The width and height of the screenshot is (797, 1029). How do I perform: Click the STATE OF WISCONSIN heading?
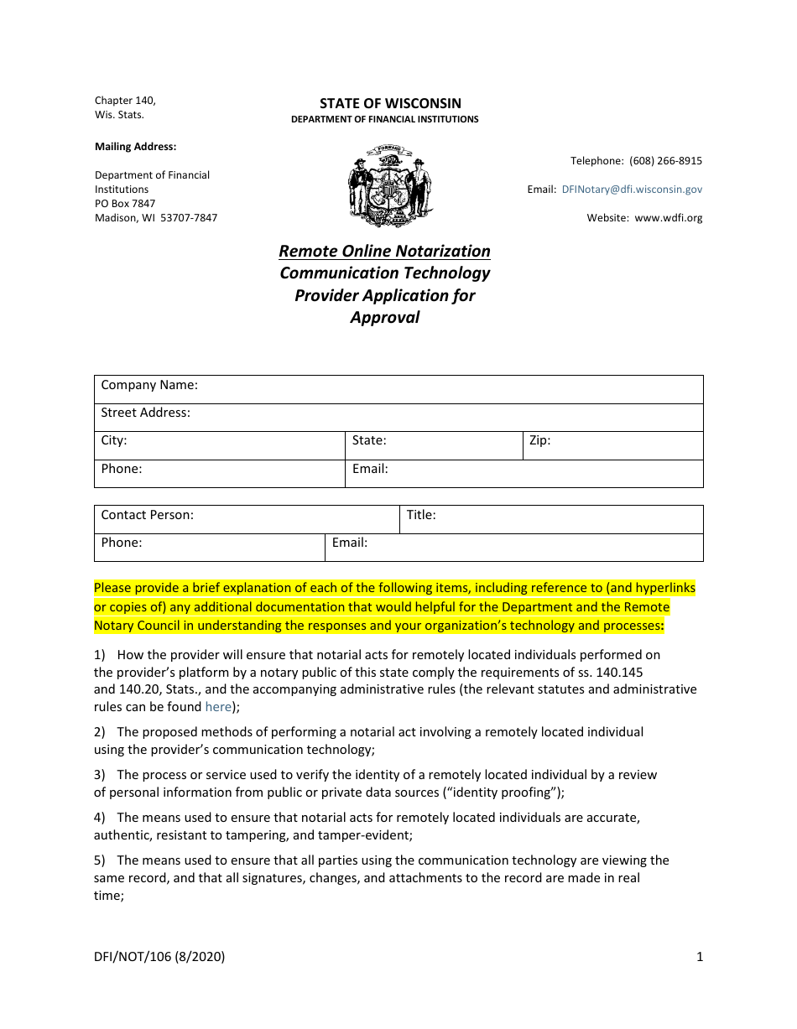(390, 103)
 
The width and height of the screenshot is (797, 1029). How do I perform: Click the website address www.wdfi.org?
(668, 218)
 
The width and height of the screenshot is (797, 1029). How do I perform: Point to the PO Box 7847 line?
(125, 204)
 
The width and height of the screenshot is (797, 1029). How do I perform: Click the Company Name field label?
(149, 386)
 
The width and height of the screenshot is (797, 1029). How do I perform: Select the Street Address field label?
(146, 413)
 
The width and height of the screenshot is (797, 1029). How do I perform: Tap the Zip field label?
(539, 440)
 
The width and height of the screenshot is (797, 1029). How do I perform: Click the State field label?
(369, 440)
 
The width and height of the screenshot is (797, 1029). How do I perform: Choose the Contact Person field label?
(148, 515)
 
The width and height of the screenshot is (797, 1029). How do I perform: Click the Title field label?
(421, 515)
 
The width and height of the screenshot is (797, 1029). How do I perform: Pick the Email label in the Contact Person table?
(350, 543)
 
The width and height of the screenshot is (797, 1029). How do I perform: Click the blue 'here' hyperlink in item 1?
(218, 707)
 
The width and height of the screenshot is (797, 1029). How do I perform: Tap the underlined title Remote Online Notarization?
(384, 251)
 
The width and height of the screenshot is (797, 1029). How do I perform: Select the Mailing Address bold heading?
(135, 147)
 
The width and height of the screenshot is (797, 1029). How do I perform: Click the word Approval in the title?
(384, 317)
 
